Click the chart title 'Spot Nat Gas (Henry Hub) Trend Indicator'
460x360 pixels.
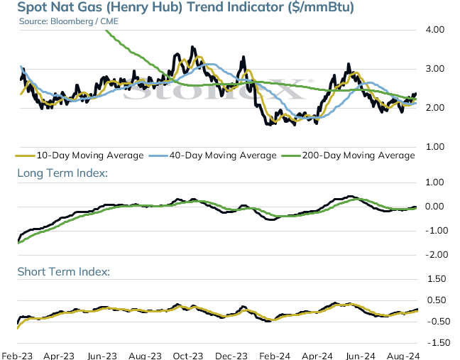point(151,7)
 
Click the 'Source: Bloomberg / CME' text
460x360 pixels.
point(69,21)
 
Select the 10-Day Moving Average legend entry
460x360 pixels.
point(80,156)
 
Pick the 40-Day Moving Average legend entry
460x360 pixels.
point(213,156)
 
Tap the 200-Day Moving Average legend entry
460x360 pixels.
point(349,156)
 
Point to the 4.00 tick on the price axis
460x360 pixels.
point(435,30)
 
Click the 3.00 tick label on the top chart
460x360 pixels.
point(435,69)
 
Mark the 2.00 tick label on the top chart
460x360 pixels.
point(435,108)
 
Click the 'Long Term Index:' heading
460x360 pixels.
point(62,173)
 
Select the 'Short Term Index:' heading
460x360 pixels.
point(64,272)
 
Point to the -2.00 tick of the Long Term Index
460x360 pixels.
point(437,255)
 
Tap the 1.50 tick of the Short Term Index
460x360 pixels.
point(437,279)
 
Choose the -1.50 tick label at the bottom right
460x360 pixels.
point(439,343)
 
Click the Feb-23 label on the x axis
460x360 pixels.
point(17,356)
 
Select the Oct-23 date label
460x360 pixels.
point(187,356)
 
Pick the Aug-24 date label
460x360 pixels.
point(403,356)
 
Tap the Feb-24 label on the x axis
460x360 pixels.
point(275,356)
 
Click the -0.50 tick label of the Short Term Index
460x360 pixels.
point(439,322)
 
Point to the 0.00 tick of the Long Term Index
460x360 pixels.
point(434,207)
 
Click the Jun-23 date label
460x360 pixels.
point(102,356)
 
